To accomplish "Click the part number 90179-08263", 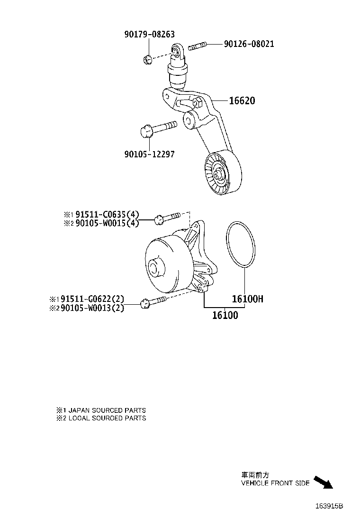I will click(150, 34).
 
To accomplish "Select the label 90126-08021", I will click(249, 44).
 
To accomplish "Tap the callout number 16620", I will click(242, 101).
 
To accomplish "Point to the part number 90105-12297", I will click(150, 154).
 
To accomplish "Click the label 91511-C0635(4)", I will click(105, 214).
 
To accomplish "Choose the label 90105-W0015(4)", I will click(105, 223).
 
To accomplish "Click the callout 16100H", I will click(247, 300).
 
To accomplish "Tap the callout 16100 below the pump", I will click(225, 315).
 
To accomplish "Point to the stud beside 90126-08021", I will click(198, 46).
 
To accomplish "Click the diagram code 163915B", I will click(329, 506).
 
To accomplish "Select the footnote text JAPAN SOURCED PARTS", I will click(105, 410).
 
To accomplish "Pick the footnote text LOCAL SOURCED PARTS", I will click(105, 418).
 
